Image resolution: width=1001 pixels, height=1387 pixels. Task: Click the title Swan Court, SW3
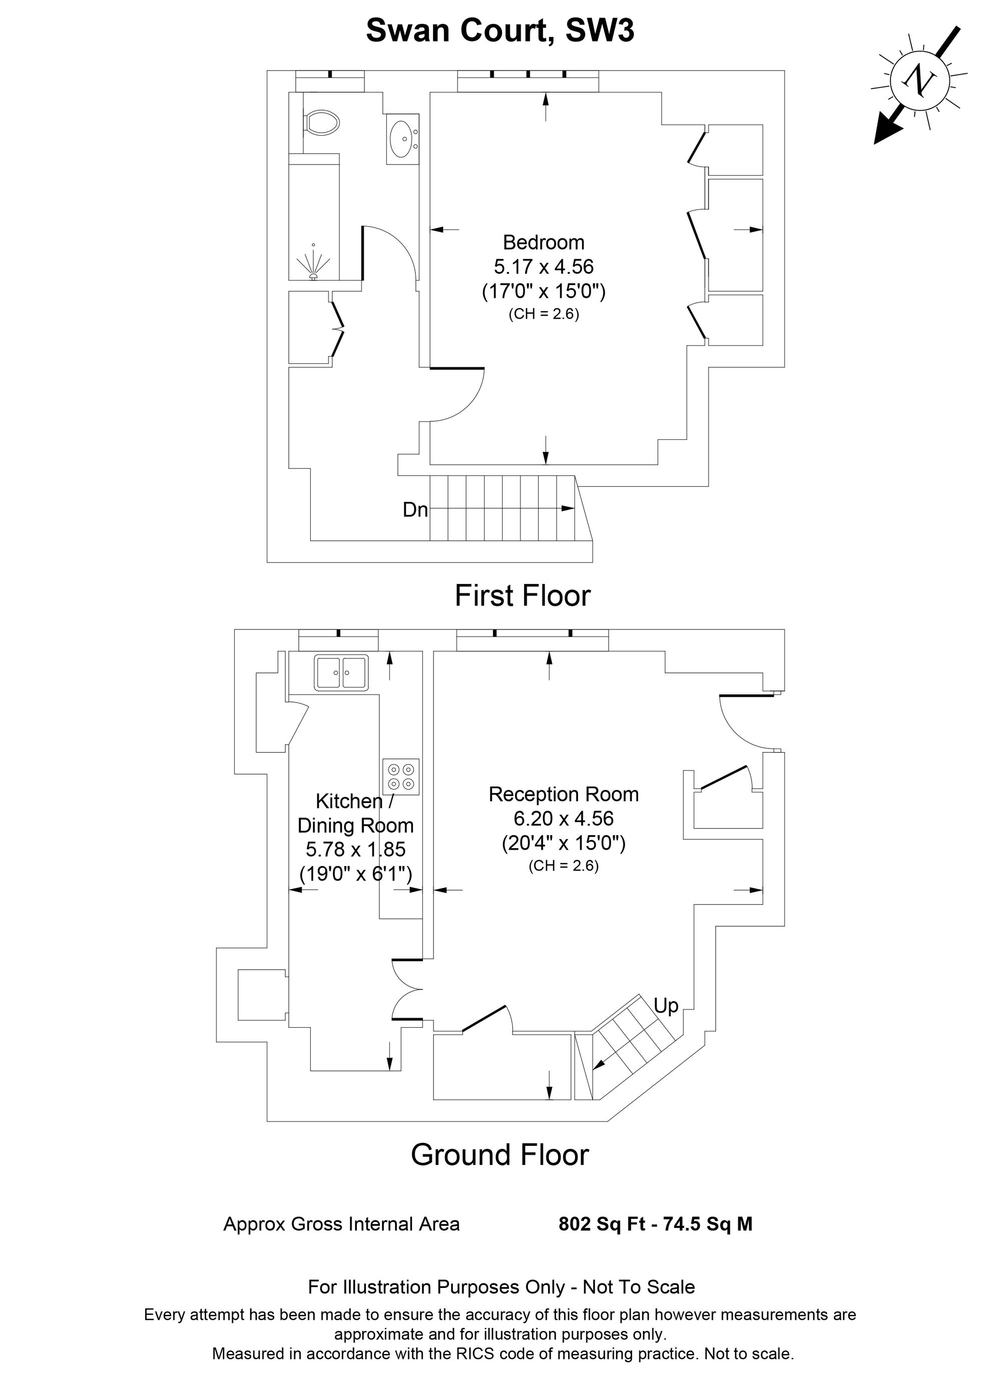pos(500,30)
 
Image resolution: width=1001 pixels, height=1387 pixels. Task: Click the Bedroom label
pos(544,242)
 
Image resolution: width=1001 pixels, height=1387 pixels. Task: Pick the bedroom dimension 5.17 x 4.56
pos(544,267)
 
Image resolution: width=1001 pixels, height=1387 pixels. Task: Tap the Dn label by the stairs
pos(415,509)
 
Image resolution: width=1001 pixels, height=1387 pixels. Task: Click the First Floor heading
pos(523,595)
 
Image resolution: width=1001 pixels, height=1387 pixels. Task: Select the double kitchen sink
pos(341,672)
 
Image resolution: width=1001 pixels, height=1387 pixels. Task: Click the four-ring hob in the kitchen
pos(401,776)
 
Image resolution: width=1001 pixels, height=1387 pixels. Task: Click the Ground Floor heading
pos(499,1155)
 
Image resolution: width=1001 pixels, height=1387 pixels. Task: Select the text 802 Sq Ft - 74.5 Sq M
pos(655,1224)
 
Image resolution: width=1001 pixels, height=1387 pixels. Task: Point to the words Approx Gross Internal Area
pos(341,1224)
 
